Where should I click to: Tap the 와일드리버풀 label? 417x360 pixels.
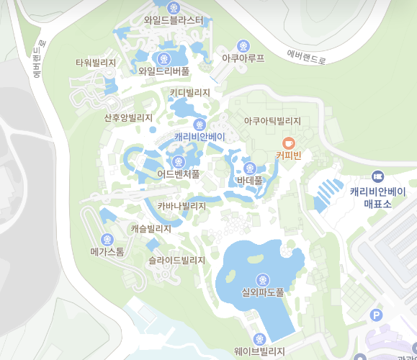164,71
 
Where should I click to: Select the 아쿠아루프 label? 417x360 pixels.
243,58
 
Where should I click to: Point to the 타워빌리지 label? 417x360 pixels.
96,63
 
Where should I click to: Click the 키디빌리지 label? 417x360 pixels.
190,93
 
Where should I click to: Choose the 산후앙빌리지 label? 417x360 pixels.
128,117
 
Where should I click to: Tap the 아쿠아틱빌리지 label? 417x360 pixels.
272,121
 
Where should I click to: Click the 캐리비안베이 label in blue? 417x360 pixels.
189,136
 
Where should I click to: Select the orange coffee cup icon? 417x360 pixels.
288,142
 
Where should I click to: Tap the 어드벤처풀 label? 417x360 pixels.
178,174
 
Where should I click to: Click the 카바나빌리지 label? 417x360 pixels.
181,206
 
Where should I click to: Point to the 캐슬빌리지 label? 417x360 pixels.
151,229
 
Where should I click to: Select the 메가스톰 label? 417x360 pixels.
107,252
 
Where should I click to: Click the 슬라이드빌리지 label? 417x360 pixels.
176,260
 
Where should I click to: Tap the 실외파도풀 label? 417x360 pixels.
263,292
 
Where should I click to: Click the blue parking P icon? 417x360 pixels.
376,315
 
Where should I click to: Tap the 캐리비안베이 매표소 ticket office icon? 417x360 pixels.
377,176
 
